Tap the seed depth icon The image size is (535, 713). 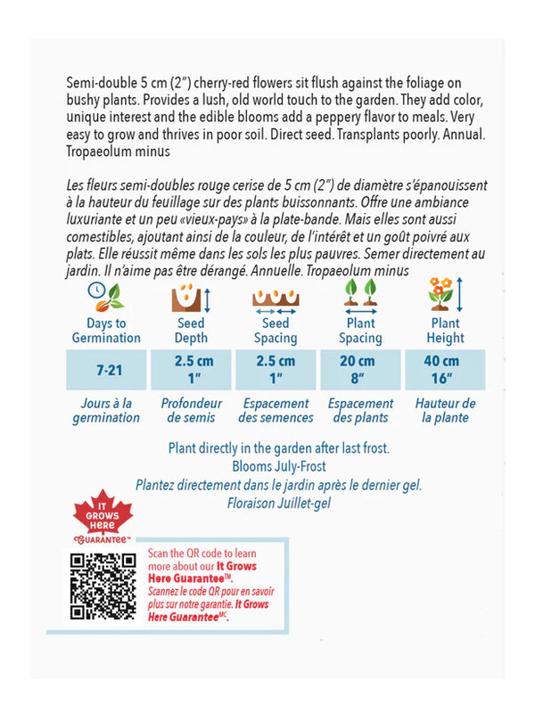coord(191,296)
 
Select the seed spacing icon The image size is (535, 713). coord(276,297)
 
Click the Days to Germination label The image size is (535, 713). coord(107,331)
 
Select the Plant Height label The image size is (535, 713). coord(445,331)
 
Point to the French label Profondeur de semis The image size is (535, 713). coord(192,410)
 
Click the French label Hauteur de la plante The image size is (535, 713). coord(445,410)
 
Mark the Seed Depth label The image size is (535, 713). coord(191,331)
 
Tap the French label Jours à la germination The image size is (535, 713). coord(107,410)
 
